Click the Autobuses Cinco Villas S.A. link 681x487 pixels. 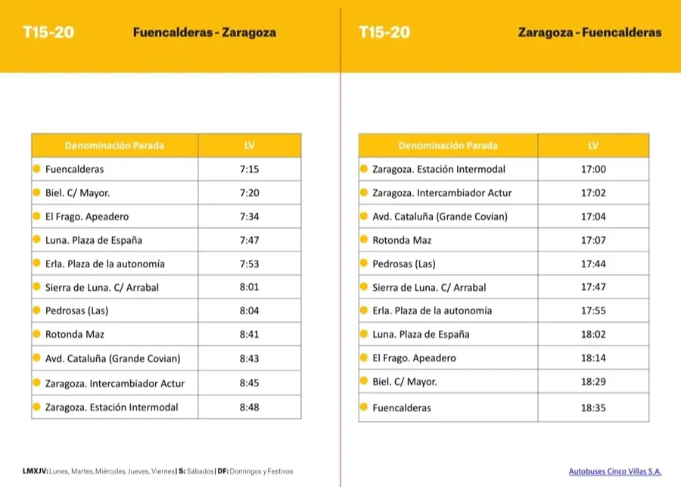pyautogui.click(x=614, y=471)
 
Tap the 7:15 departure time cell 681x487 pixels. pyautogui.click(x=249, y=170)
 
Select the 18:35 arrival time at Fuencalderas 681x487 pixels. pyautogui.click(x=593, y=407)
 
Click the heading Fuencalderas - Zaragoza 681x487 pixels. pyautogui.click(x=204, y=33)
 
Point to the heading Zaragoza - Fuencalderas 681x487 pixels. pyautogui.click(x=589, y=33)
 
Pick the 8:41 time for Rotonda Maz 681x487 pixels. pyautogui.click(x=249, y=334)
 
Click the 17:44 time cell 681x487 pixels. pyautogui.click(x=593, y=264)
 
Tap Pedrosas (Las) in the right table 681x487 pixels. pyautogui.click(x=404, y=264)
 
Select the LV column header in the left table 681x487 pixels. pyautogui.click(x=249, y=145)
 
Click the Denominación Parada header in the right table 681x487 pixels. pyautogui.click(x=448, y=145)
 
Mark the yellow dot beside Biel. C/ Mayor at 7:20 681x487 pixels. pyautogui.click(x=36, y=192)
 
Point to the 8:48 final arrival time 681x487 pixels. pyautogui.click(x=249, y=407)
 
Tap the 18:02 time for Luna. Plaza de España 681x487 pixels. pyautogui.click(x=593, y=334)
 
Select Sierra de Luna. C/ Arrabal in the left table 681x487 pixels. pyautogui.click(x=102, y=287)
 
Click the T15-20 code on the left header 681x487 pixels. pyautogui.click(x=48, y=33)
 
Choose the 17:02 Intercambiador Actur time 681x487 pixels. pyautogui.click(x=593, y=193)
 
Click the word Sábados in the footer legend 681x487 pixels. pyautogui.click(x=201, y=471)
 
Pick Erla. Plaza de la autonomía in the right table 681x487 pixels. pyautogui.click(x=432, y=311)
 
